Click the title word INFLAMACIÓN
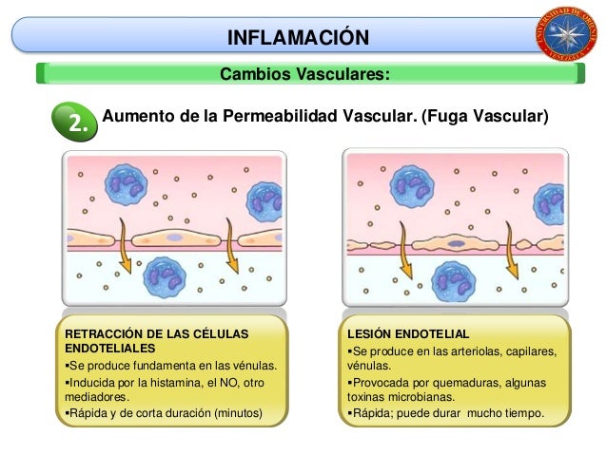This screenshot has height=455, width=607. (297, 38)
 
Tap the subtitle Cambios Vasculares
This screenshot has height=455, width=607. (303, 74)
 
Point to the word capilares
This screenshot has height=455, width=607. (529, 351)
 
